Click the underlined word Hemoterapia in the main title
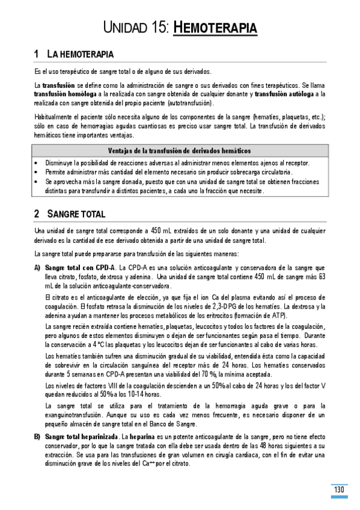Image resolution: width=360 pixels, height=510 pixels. coord(215,28)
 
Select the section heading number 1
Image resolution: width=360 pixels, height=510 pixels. coord(37,55)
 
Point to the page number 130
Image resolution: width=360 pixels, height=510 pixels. coord(339,490)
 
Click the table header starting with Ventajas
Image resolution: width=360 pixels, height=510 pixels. coord(179,150)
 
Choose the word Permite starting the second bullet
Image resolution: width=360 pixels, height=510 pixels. coord(56,172)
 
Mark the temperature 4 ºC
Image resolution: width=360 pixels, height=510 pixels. coord(96,345)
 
